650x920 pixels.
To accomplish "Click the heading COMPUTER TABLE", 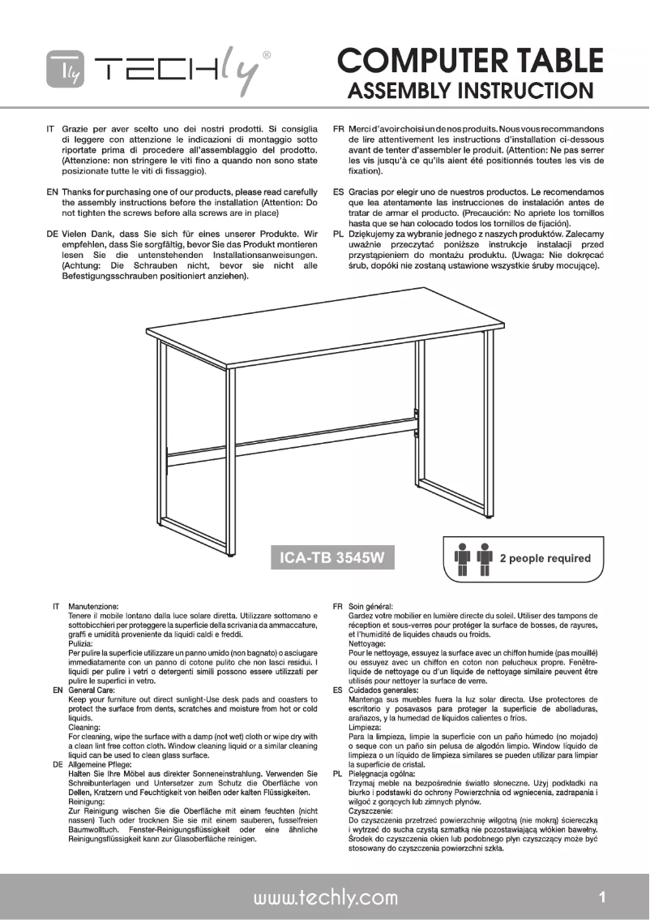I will (x=470, y=61).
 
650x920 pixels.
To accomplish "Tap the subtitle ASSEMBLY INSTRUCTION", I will (x=476, y=90).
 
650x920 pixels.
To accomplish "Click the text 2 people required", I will (x=545, y=558).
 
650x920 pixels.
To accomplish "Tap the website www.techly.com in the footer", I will (x=326, y=896).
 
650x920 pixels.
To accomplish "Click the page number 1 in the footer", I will (x=602, y=896).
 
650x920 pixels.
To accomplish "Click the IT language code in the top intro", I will (x=50, y=129).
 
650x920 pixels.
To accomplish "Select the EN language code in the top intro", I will (x=50, y=191).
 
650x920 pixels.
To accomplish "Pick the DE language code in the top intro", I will (x=50, y=234).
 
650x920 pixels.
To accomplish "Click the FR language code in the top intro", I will (x=339, y=129).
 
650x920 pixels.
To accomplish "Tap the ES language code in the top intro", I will (x=339, y=191).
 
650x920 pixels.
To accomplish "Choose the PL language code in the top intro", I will (x=339, y=234).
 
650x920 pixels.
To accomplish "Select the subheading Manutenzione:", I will (x=94, y=606).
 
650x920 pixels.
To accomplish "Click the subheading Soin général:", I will (x=371, y=606).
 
